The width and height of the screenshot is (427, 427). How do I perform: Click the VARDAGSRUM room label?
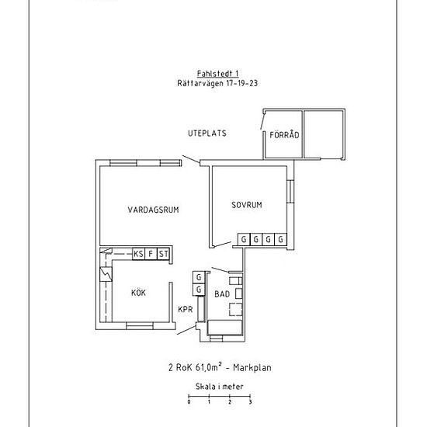[153, 210]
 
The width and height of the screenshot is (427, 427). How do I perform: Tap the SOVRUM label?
[247, 205]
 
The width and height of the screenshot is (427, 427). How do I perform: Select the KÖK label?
[139, 293]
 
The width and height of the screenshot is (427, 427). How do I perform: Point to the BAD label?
[222, 293]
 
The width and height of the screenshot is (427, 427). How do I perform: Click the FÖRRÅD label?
[284, 134]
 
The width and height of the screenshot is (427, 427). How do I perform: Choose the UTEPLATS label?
[207, 134]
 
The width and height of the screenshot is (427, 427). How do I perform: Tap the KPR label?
[186, 309]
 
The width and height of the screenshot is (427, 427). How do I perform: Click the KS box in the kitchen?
[139, 254]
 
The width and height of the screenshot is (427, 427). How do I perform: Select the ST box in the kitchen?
[163, 254]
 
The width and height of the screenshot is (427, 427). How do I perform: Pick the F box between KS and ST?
[151, 254]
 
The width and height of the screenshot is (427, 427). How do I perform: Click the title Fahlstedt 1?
[218, 74]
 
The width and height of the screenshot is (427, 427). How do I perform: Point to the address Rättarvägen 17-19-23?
[217, 83]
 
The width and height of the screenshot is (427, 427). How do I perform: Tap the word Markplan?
[252, 368]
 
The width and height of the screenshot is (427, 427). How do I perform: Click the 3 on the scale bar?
[250, 402]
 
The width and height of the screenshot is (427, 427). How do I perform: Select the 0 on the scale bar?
[189, 402]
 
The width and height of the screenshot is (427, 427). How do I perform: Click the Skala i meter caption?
[220, 386]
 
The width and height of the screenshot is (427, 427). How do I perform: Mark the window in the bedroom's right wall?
[290, 191]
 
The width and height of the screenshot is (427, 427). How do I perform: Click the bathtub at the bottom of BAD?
[225, 328]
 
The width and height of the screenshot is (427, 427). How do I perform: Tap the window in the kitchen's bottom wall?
[140, 326]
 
